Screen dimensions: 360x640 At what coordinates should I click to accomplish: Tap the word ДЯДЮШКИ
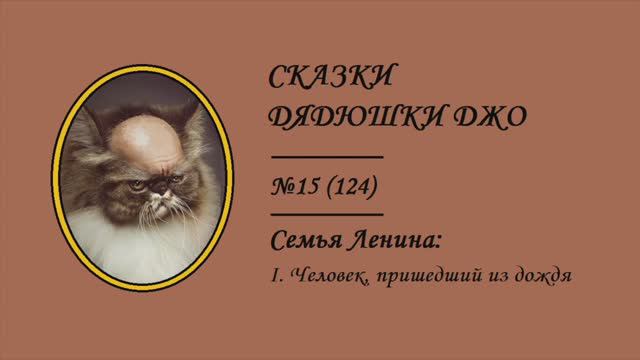click(343, 119)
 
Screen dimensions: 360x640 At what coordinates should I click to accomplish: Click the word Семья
click(306, 242)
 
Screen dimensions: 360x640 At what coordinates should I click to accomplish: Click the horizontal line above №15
click(328, 157)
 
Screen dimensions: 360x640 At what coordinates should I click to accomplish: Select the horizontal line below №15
click(328, 213)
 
